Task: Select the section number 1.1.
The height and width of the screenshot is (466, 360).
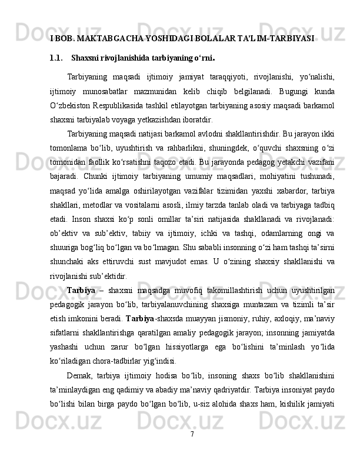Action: point(57,58)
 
